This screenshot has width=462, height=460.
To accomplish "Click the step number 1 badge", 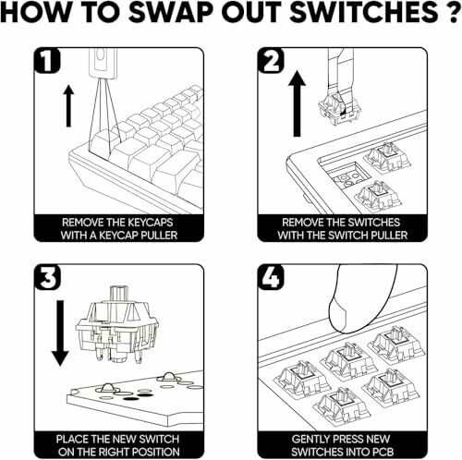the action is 47,60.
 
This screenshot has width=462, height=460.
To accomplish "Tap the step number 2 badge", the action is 271,60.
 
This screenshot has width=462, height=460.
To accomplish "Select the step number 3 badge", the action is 47,277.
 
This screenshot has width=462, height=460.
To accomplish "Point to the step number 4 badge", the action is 271,277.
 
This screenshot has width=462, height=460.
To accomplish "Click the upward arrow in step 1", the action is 68,106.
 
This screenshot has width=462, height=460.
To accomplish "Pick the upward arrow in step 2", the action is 297,103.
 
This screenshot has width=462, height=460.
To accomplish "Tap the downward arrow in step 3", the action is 60,333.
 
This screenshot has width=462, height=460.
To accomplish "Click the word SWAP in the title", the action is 170,12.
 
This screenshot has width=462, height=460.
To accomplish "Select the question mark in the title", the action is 450,12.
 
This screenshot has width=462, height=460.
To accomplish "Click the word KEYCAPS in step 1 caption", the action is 151,223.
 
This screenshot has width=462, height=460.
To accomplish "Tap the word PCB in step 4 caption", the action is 382,452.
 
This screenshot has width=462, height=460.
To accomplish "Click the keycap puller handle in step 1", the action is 103,63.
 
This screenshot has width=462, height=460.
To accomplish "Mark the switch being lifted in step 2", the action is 339,109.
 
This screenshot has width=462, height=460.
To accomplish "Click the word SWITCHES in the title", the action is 362,12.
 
